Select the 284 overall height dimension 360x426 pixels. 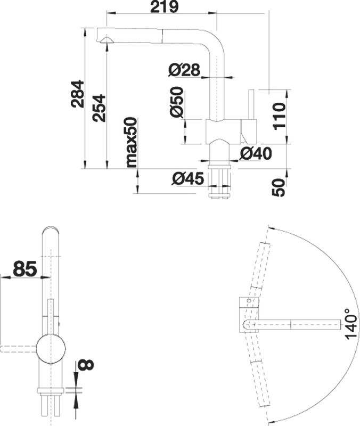click(78, 94)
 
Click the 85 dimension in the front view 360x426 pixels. click(24, 269)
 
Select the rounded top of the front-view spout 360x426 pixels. click(51, 234)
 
